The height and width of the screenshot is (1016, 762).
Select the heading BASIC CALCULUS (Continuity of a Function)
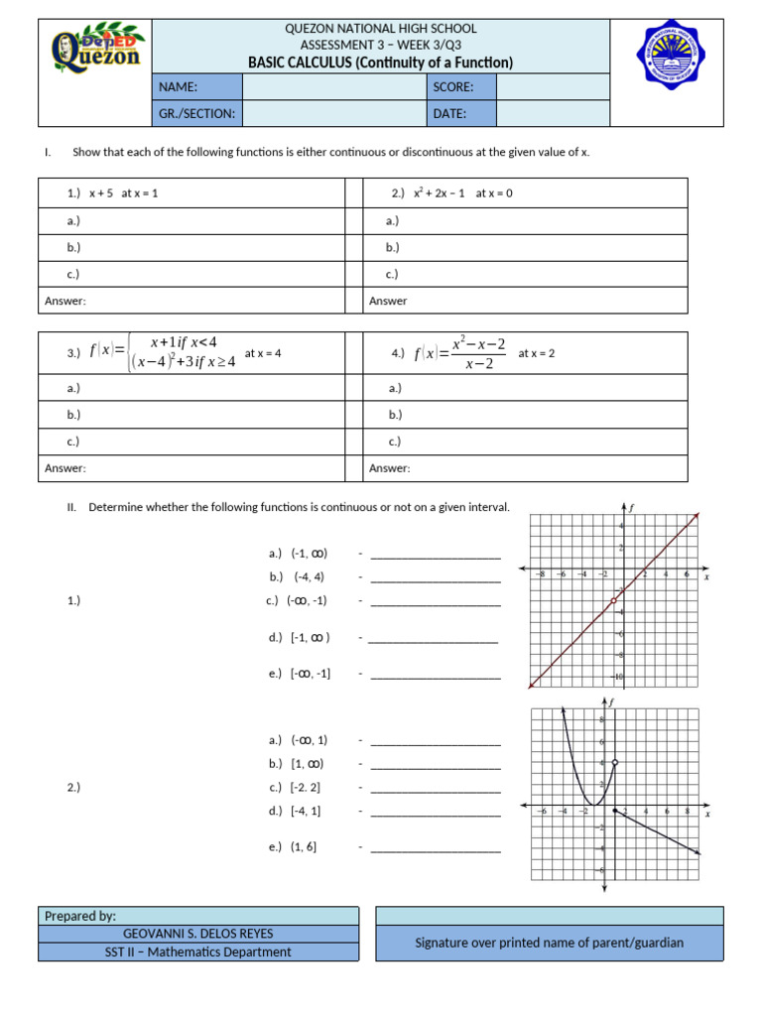click(x=380, y=63)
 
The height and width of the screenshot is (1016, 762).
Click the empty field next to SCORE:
click(x=553, y=87)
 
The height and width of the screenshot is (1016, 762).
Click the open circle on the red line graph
click(x=614, y=600)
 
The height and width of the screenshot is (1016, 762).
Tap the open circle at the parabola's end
click(x=615, y=762)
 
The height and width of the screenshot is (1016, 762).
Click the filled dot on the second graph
click(x=615, y=811)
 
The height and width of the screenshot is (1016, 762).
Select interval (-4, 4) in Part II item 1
click(x=309, y=576)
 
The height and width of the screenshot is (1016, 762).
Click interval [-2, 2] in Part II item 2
click(x=308, y=787)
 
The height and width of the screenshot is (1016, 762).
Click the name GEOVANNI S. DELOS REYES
click(x=197, y=934)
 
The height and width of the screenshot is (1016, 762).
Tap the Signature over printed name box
click(x=549, y=943)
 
